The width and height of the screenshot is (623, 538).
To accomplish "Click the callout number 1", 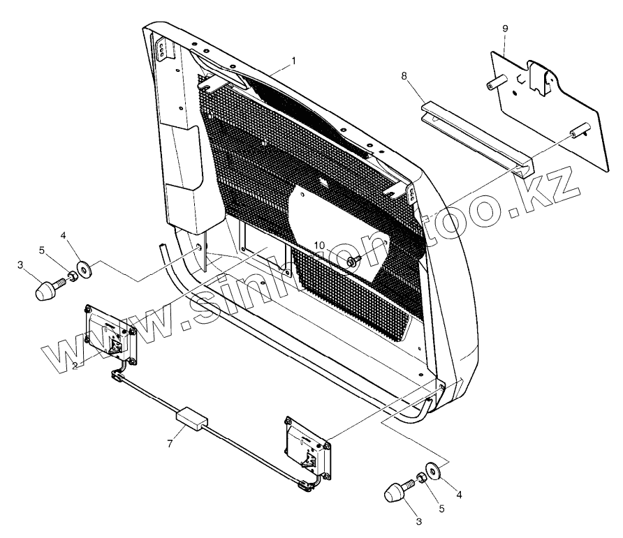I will (294, 61).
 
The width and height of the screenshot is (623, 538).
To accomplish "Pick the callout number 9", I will (505, 28).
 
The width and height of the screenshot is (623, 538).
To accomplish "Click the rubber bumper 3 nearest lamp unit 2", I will (47, 289).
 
